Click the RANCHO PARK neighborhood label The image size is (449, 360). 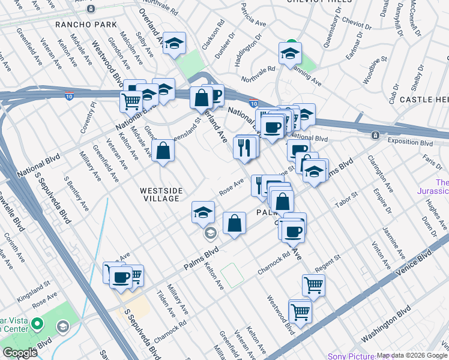click(80, 25)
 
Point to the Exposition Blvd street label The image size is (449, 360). click(410, 143)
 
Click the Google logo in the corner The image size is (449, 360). click(20, 352)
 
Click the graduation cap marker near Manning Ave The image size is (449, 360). click(290, 53)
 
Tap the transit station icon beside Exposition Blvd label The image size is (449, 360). click(375, 136)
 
